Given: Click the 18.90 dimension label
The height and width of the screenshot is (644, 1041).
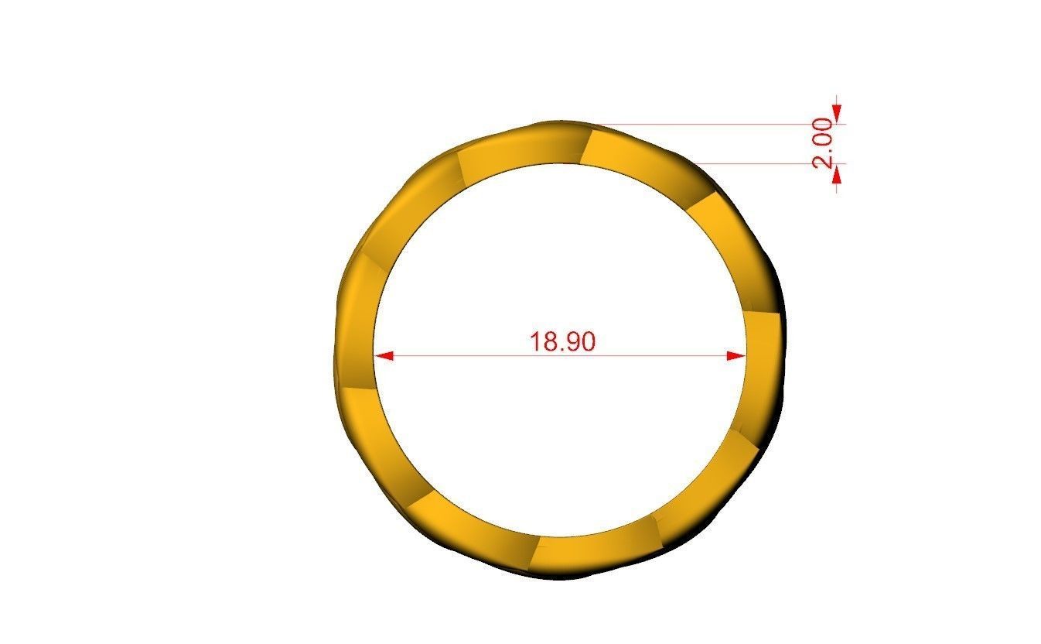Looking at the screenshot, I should click(x=562, y=341).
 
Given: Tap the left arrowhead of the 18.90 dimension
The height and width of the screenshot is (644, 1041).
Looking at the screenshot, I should click(x=384, y=356).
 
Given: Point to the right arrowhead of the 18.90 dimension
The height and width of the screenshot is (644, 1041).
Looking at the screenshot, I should click(x=736, y=356).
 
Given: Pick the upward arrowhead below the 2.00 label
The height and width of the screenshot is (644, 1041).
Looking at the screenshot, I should click(x=837, y=176).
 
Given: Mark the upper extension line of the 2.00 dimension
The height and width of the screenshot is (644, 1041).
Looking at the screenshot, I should click(x=712, y=124).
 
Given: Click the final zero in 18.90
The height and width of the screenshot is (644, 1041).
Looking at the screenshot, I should click(x=588, y=341).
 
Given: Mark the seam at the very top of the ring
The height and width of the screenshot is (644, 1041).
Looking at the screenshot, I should click(x=586, y=146).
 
